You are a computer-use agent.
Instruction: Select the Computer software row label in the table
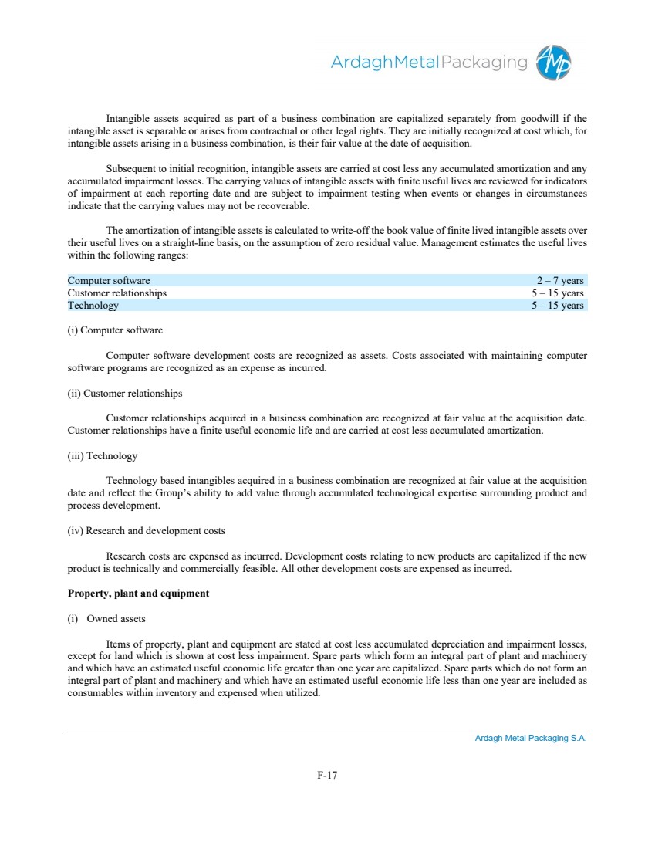pyautogui.click(x=109, y=280)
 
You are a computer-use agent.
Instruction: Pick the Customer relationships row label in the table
pyautogui.click(x=116, y=293)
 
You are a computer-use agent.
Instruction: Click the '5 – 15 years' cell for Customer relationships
pyautogui.click(x=557, y=293)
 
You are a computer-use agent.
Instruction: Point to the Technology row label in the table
pyautogui.click(x=93, y=305)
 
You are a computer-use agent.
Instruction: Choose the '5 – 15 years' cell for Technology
pyautogui.click(x=557, y=305)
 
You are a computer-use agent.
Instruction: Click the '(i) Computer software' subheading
pyautogui.click(x=115, y=330)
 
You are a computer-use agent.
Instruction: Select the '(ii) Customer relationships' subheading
pyautogui.click(x=125, y=393)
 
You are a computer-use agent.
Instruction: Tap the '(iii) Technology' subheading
pyautogui.click(x=103, y=455)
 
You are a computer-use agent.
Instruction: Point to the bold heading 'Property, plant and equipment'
pyautogui.click(x=138, y=594)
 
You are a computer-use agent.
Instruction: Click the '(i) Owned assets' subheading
pyautogui.click(x=106, y=618)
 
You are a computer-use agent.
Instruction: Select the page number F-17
pyautogui.click(x=327, y=775)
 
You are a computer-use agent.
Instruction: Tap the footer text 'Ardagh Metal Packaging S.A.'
pyautogui.click(x=531, y=739)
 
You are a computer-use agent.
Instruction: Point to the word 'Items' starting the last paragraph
pyautogui.click(x=118, y=644)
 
